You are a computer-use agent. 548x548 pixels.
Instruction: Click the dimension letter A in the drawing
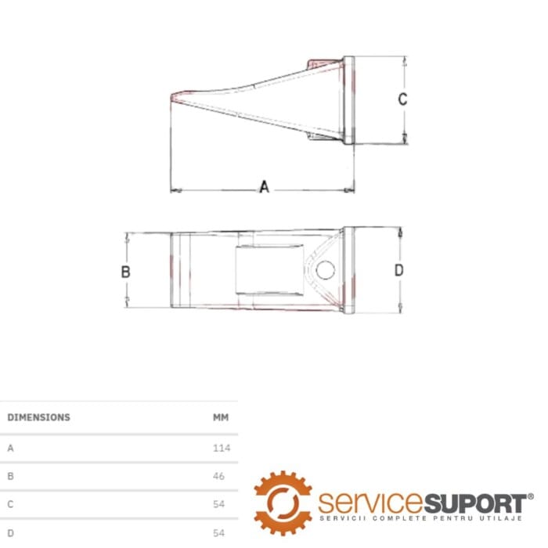265,186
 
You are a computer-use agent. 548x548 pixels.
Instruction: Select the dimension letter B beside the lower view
125,272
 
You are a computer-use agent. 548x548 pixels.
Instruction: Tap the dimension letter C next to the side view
402,99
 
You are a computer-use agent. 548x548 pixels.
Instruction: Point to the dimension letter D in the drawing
398,270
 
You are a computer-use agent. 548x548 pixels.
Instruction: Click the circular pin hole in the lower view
326,270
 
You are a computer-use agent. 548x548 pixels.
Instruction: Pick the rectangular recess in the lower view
269,269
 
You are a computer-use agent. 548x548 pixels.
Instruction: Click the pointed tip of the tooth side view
171,97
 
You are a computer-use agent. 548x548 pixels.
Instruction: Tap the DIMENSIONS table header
39,417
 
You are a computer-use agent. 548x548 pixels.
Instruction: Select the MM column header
221,417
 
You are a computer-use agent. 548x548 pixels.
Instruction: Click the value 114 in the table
222,448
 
